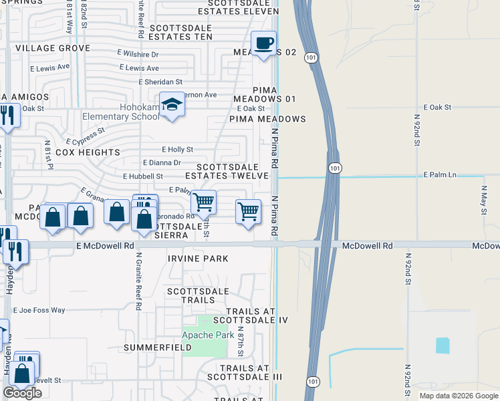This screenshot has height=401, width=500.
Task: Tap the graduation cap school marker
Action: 172,105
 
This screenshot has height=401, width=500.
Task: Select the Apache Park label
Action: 208,334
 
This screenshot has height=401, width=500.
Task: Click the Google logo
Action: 22,393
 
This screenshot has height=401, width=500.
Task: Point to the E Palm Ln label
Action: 439,174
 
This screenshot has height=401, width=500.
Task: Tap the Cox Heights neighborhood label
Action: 88,152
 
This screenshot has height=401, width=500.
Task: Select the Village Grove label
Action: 53,48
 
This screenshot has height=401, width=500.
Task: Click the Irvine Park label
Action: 198,259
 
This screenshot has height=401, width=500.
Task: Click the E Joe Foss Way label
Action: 39,310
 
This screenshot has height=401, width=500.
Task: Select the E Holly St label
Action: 177,150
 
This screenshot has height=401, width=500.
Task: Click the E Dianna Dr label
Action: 162,162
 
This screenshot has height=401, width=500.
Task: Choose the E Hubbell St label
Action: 143,176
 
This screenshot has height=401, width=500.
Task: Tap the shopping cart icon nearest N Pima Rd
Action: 248,211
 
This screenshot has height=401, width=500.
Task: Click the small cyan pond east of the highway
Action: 443,345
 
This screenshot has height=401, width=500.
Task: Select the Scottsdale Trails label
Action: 197,295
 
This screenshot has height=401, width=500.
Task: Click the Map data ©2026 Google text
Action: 458,396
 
